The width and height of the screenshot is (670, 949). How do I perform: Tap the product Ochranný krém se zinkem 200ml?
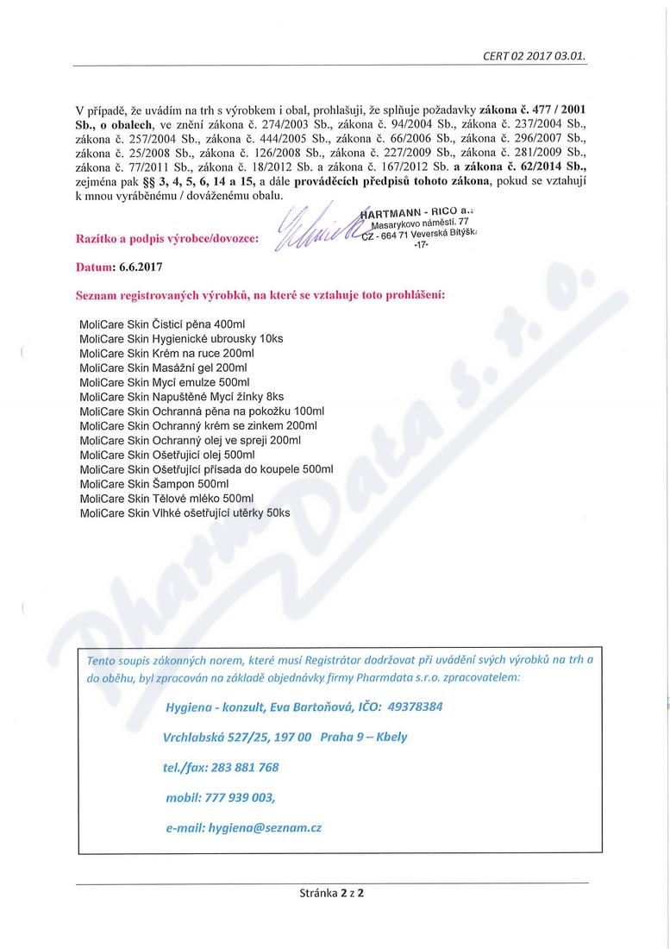(197, 425)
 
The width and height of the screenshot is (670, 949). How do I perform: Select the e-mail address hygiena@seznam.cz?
(265, 827)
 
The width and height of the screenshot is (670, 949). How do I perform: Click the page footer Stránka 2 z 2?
(332, 893)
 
